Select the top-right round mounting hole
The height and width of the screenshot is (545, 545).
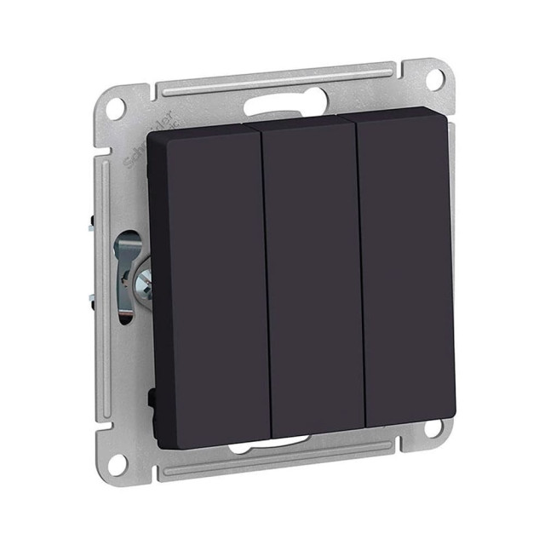[433, 80]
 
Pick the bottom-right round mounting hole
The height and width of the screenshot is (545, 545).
[434, 427]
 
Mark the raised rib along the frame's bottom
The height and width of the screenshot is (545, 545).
[281, 461]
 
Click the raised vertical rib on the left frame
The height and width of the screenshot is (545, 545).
[105, 281]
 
